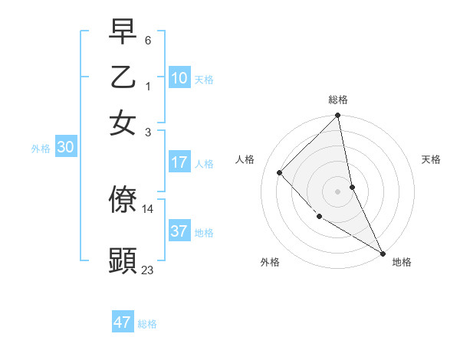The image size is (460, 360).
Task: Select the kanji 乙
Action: click(x=123, y=77)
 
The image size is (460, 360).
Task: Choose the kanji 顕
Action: click(x=123, y=260)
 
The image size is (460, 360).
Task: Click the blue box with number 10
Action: click(x=179, y=78)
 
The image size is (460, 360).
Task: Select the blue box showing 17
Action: click(x=179, y=162)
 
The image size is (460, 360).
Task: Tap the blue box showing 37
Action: click(x=179, y=231)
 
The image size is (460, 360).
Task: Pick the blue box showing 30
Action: click(x=66, y=148)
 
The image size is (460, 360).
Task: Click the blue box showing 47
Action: click(x=123, y=322)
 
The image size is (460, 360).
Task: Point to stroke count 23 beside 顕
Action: click(x=148, y=270)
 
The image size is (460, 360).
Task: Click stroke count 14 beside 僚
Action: click(x=148, y=208)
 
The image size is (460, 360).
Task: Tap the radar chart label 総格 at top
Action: click(x=337, y=100)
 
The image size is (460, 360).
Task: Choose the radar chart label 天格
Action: click(x=431, y=159)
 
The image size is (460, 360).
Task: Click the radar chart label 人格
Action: click(x=245, y=159)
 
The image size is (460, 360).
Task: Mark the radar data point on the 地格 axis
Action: click(x=382, y=253)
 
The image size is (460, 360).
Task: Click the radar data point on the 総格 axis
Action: click(x=337, y=116)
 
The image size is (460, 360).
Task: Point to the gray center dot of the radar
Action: click(x=337, y=191)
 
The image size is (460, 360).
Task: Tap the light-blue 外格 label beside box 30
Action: click(x=41, y=149)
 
